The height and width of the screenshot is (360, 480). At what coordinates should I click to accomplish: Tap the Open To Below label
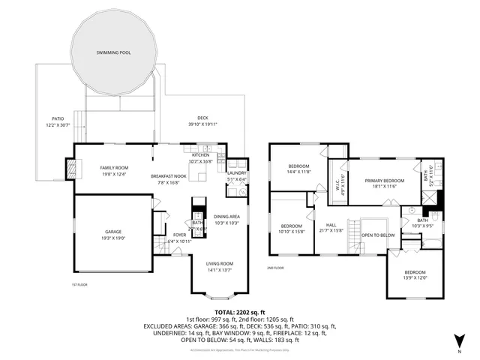pyautogui.click(x=378, y=235)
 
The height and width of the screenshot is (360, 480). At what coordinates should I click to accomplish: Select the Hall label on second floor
pyautogui.click(x=331, y=226)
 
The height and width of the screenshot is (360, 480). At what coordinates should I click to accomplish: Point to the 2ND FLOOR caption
pyautogui.click(x=276, y=268)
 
